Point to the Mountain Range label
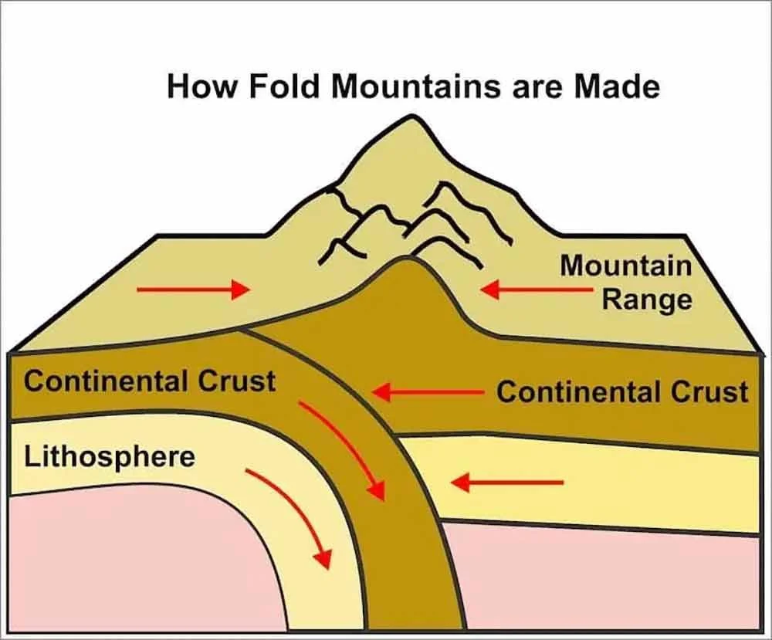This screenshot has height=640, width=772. click(x=626, y=281)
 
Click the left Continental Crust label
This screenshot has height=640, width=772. click(x=150, y=381)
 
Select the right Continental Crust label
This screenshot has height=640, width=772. click(x=622, y=392)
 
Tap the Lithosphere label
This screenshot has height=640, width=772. click(x=110, y=456)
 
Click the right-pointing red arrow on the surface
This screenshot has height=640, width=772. click(x=193, y=290)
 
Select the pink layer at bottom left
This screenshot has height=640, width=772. click(x=116, y=564)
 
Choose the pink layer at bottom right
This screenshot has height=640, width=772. click(x=610, y=579)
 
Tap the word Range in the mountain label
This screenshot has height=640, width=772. click(x=647, y=299)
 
